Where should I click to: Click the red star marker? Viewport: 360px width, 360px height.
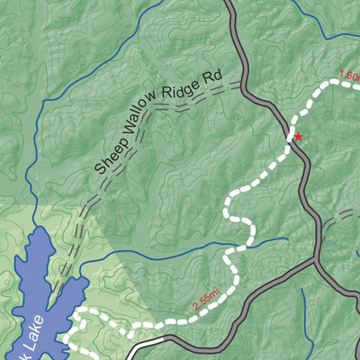(298, 137)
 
